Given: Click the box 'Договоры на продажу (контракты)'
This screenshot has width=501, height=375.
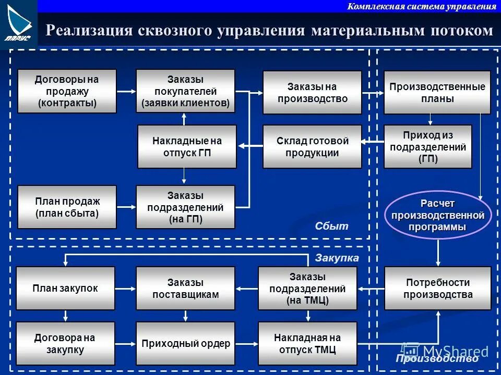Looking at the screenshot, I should [x=67, y=91].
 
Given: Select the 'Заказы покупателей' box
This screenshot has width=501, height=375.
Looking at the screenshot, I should [x=185, y=91].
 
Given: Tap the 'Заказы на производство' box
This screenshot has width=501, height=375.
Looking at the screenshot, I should [x=312, y=92].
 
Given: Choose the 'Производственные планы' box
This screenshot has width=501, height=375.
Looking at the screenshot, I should [x=437, y=92].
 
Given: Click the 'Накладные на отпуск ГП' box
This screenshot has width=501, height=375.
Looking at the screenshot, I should [x=187, y=146].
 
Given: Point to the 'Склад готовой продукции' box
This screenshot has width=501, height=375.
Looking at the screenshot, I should [x=312, y=146].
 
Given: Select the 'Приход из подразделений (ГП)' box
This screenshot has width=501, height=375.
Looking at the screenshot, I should [x=427, y=146].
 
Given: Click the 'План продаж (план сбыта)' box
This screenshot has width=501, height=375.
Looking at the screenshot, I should [x=67, y=207].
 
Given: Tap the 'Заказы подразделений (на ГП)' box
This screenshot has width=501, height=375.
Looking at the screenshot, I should [x=185, y=207].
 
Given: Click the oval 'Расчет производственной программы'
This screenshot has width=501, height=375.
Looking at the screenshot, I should [x=438, y=215].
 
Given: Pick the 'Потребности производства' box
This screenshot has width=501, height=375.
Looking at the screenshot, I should [x=438, y=288].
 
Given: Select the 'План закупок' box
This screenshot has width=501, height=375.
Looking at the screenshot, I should [x=65, y=288].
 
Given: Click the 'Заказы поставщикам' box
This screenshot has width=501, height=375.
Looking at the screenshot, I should [x=185, y=288].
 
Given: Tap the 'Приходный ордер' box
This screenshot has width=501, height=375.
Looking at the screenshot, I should [x=185, y=343].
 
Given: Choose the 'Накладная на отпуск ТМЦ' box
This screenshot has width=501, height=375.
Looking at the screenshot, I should [x=307, y=343].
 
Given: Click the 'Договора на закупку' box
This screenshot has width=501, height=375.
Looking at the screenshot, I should [x=65, y=343].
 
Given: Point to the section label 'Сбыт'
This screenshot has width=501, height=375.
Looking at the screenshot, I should [x=331, y=227].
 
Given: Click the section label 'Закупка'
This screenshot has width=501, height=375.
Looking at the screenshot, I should [x=337, y=258].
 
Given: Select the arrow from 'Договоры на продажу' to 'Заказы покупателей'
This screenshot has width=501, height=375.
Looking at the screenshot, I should [x=126, y=91].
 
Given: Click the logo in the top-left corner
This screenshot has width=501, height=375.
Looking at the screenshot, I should [x=18, y=23].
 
